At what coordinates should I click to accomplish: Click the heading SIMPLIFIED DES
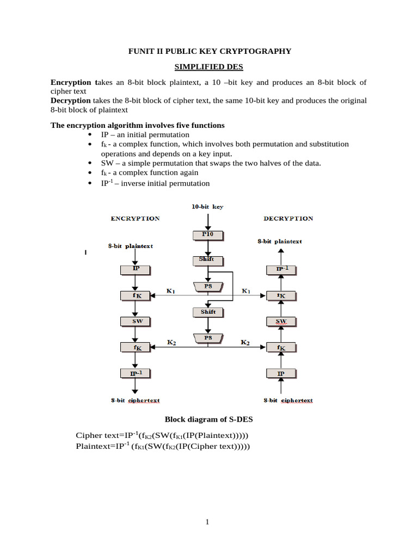click(208, 67)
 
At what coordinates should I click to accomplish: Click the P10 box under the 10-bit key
click(207, 234)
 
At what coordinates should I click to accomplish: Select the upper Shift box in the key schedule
click(207, 261)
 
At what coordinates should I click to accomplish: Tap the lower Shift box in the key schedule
click(207, 312)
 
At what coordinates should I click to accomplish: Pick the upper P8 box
click(207, 286)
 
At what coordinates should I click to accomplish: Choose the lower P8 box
click(207, 338)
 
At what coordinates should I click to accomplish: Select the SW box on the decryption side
click(281, 321)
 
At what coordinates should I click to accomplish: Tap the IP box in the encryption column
click(136, 269)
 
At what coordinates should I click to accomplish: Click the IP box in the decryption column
click(281, 373)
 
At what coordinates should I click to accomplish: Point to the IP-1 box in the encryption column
click(136, 373)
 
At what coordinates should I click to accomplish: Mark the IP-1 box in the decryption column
click(281, 269)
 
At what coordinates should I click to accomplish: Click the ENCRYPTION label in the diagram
click(135, 219)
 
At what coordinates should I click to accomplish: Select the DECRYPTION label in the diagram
click(288, 219)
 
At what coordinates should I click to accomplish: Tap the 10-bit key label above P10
click(207, 207)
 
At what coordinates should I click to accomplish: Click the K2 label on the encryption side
click(171, 342)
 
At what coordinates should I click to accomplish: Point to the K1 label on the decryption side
click(246, 291)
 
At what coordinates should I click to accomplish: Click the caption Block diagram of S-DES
click(208, 419)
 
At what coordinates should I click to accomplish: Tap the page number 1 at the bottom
click(207, 523)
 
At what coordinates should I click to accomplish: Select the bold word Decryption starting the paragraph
click(71, 101)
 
